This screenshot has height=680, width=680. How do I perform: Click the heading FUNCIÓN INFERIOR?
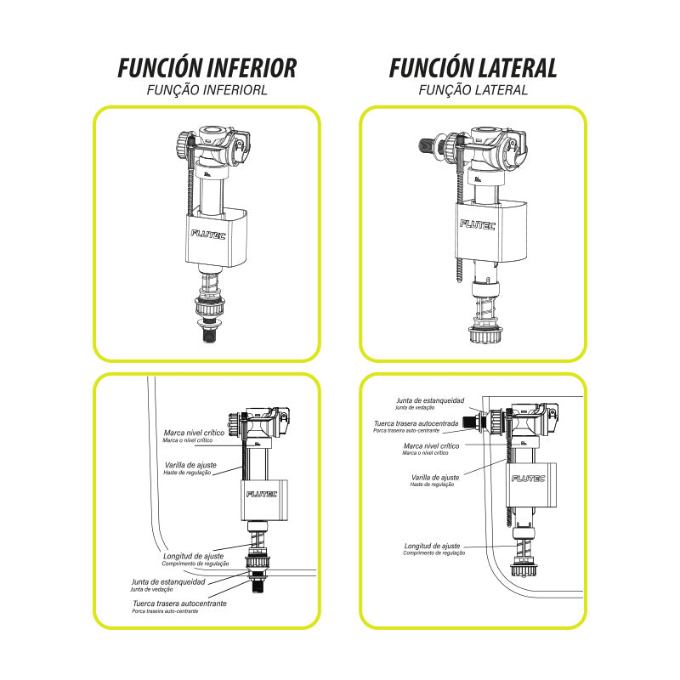[207, 68]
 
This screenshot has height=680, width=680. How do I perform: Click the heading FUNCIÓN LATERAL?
[473, 68]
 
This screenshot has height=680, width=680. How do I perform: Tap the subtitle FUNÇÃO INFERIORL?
[207, 89]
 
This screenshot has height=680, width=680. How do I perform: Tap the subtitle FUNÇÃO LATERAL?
[473, 89]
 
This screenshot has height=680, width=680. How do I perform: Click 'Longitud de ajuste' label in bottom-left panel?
[193, 556]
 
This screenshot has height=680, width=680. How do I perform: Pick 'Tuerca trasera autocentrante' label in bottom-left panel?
[178, 603]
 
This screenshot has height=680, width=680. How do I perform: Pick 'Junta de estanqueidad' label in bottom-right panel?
[429, 399]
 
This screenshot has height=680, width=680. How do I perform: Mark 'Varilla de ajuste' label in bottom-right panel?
[434, 477]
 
